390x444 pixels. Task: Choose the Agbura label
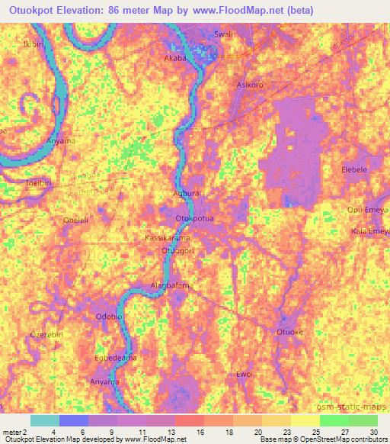[187, 195]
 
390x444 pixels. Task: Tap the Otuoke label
[289, 332]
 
